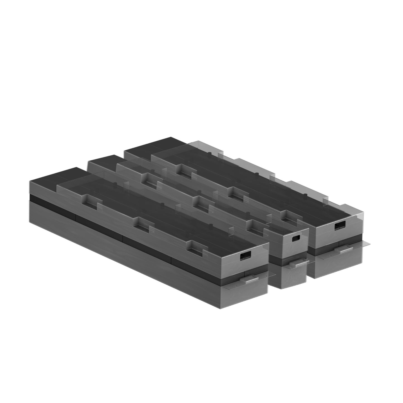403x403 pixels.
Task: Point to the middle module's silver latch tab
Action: [297, 263]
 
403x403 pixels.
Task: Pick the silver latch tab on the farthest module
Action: [346, 251]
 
